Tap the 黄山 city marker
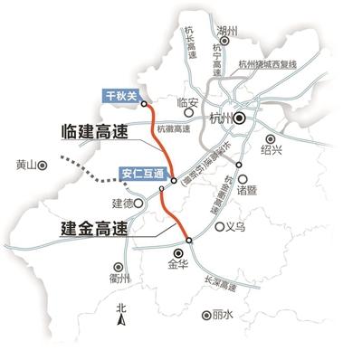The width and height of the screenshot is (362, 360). (42, 166)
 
